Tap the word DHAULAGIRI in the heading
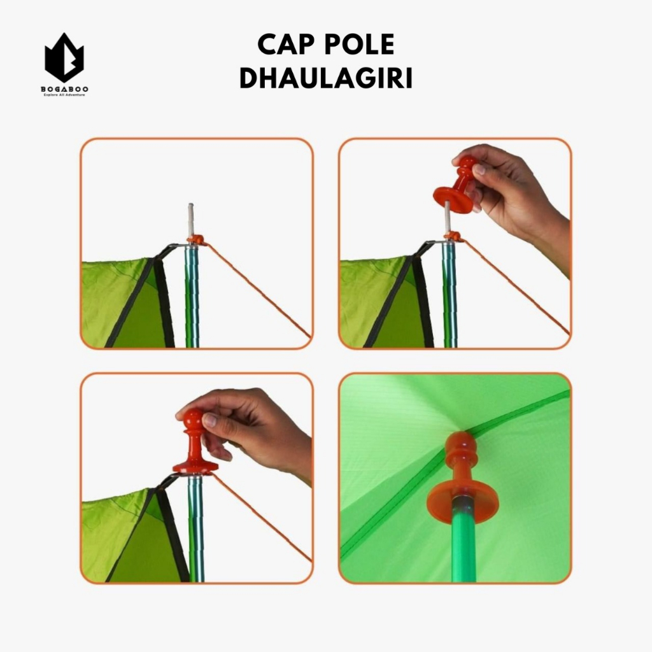coord(326,78)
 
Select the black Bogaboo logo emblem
coord(64,57)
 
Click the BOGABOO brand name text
coord(64,89)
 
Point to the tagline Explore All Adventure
coord(64,95)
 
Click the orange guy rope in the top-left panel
coord(259,290)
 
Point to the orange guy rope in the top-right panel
coord(516,287)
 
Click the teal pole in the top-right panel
coord(450,295)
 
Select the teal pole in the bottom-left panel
coord(196,528)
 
